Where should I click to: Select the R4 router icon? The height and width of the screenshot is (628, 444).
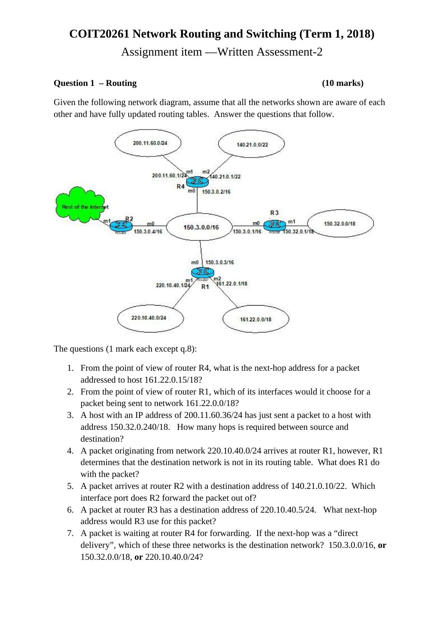[x=197, y=181]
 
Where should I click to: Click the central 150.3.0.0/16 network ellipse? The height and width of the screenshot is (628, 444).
[x=200, y=227]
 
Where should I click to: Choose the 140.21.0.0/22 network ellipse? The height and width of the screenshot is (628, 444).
[x=252, y=145]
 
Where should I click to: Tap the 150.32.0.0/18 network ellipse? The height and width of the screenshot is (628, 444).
[x=340, y=224]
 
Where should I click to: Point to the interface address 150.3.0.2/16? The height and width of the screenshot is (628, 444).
[x=216, y=192]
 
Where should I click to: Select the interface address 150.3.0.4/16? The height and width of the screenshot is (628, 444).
[x=148, y=232]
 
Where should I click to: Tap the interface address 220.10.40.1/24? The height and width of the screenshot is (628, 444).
[x=173, y=285]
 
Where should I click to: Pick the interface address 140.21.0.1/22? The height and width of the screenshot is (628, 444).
[x=225, y=177]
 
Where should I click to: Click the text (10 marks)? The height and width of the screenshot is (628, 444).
[x=342, y=83]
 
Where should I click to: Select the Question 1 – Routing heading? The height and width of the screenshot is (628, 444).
[x=95, y=83]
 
